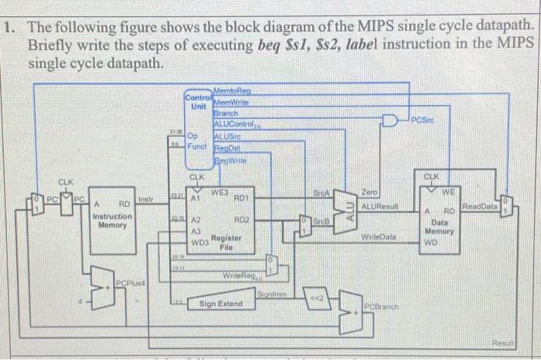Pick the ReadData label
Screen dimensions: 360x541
pyautogui.click(x=481, y=206)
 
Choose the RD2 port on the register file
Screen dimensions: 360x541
pyautogui.click(x=240, y=219)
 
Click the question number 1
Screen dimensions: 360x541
pyautogui.click(x=9, y=27)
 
